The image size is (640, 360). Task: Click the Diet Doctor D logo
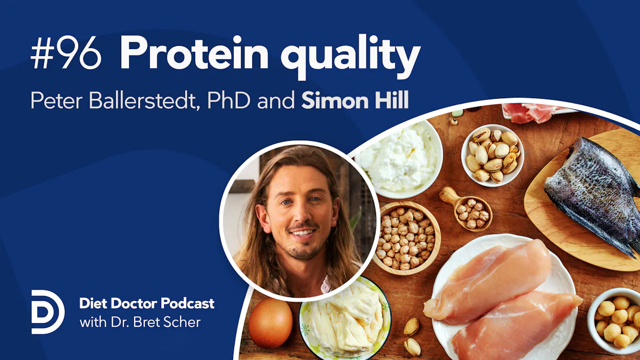pyautogui.click(x=47, y=312)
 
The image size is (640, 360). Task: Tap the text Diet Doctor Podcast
pyautogui.click(x=147, y=303)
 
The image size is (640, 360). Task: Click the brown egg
pyautogui.click(x=270, y=322)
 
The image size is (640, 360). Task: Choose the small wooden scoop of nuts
pyautogui.click(x=469, y=211)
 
